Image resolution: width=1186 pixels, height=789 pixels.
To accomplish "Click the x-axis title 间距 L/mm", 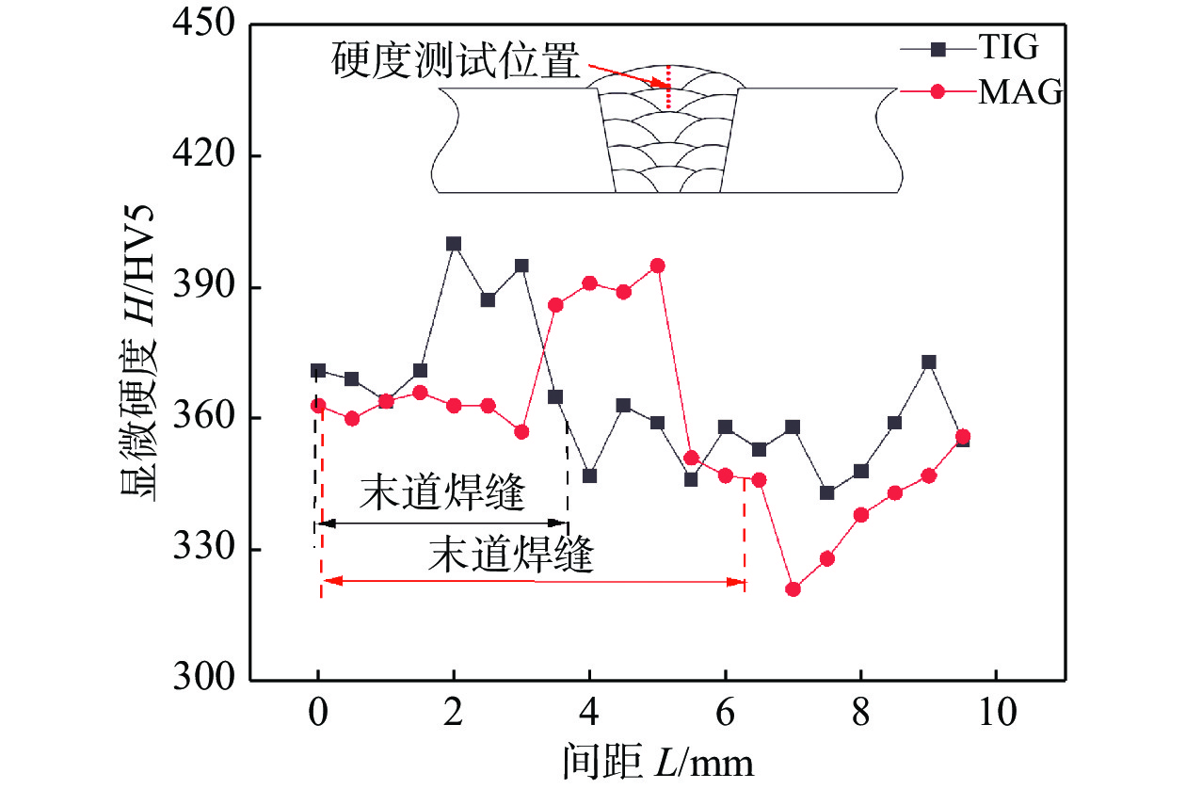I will (x=659, y=761).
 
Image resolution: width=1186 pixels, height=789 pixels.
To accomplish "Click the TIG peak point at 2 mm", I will (x=454, y=243).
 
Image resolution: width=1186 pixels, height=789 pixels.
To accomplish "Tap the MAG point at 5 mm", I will (x=657, y=266).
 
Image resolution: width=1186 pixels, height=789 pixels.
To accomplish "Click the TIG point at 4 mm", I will (x=589, y=475).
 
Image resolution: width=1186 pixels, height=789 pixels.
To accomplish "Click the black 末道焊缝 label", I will (x=441, y=494).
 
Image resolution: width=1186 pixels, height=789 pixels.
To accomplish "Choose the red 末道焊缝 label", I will (x=511, y=556).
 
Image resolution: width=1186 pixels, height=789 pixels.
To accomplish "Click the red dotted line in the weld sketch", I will (x=668, y=88).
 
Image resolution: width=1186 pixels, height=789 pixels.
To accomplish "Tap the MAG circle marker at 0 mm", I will (x=318, y=405).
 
